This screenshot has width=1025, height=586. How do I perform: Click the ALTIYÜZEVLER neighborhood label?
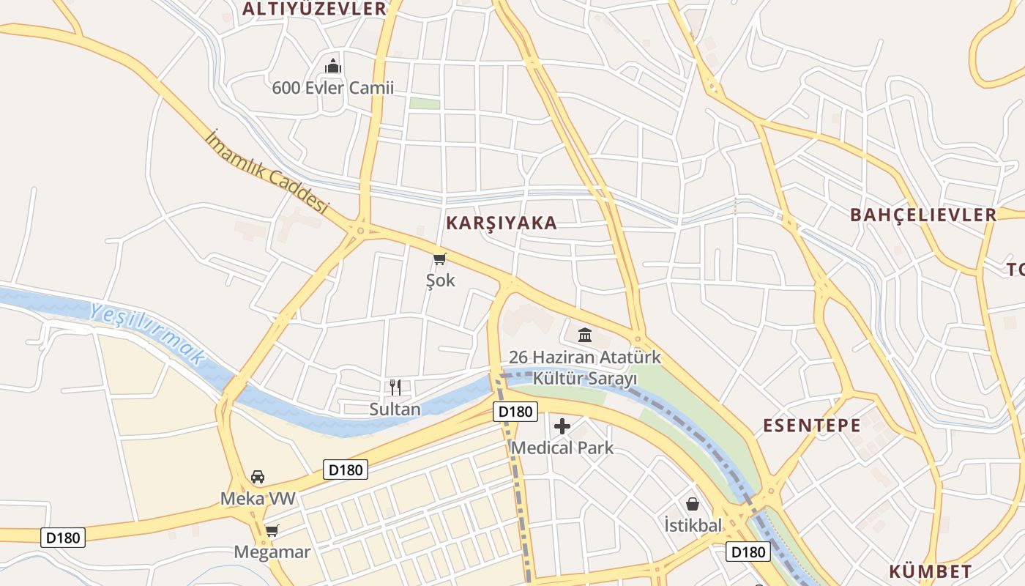[314, 9]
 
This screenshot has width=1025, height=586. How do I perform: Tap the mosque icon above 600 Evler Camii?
[333, 67]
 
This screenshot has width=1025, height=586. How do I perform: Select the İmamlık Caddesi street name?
[267, 172]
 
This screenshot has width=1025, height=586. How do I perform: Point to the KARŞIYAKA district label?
[502, 223]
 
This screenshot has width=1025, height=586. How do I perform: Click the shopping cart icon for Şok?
[439, 259]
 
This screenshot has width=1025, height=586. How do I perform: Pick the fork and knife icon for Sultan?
[395, 387]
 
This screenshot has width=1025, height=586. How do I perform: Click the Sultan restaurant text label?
[395, 409]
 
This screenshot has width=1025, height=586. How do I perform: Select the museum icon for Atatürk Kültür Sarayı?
[585, 335]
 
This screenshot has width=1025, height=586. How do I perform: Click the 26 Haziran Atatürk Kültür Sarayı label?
[585, 368]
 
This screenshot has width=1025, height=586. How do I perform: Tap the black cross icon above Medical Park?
[562, 426]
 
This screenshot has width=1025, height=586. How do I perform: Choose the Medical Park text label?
[562, 448]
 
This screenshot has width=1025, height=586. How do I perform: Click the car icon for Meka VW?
[258, 477]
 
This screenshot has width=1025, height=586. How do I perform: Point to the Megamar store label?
[272, 552]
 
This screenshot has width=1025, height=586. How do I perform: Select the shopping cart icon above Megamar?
[272, 530]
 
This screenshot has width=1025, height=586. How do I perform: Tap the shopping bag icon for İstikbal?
[693, 504]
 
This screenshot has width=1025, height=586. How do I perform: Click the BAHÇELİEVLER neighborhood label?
[923, 215]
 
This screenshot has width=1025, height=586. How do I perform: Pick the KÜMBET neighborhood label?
[931, 571]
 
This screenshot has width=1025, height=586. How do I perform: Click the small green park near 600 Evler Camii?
[425, 104]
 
